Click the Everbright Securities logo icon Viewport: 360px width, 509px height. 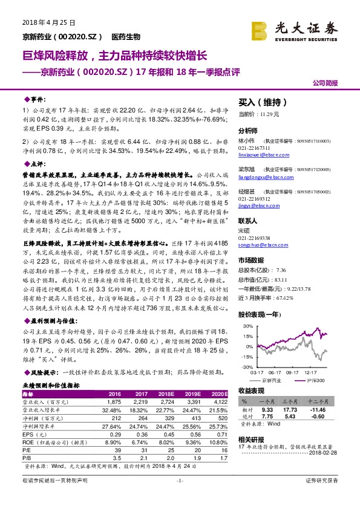[x=260, y=29]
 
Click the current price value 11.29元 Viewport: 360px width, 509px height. [x=267, y=114]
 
